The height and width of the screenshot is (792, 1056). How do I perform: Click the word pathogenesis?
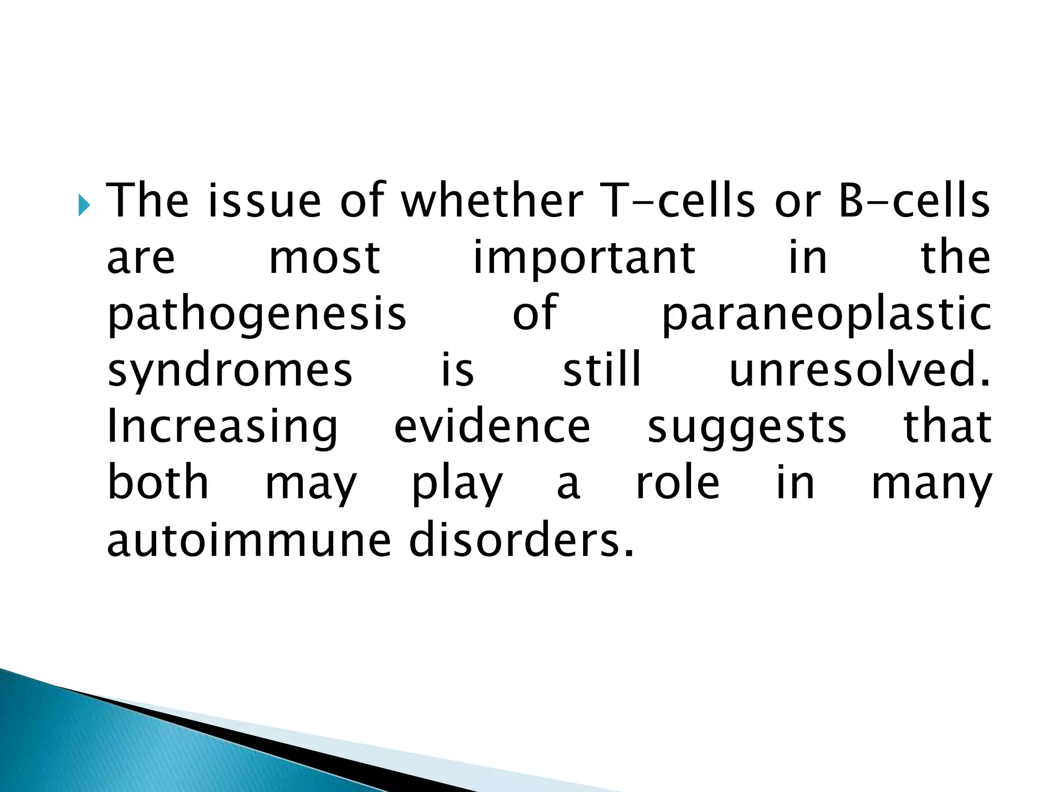click(x=257, y=315)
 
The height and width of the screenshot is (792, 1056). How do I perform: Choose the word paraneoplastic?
click(x=826, y=315)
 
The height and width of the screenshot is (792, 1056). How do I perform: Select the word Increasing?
click(x=222, y=427)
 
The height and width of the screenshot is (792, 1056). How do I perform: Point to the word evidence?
click(x=492, y=427)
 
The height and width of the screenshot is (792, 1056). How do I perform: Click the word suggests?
click(x=747, y=427)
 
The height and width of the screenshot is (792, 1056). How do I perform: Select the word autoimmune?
click(x=249, y=540)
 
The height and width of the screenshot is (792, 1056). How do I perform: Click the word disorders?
click(x=521, y=540)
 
